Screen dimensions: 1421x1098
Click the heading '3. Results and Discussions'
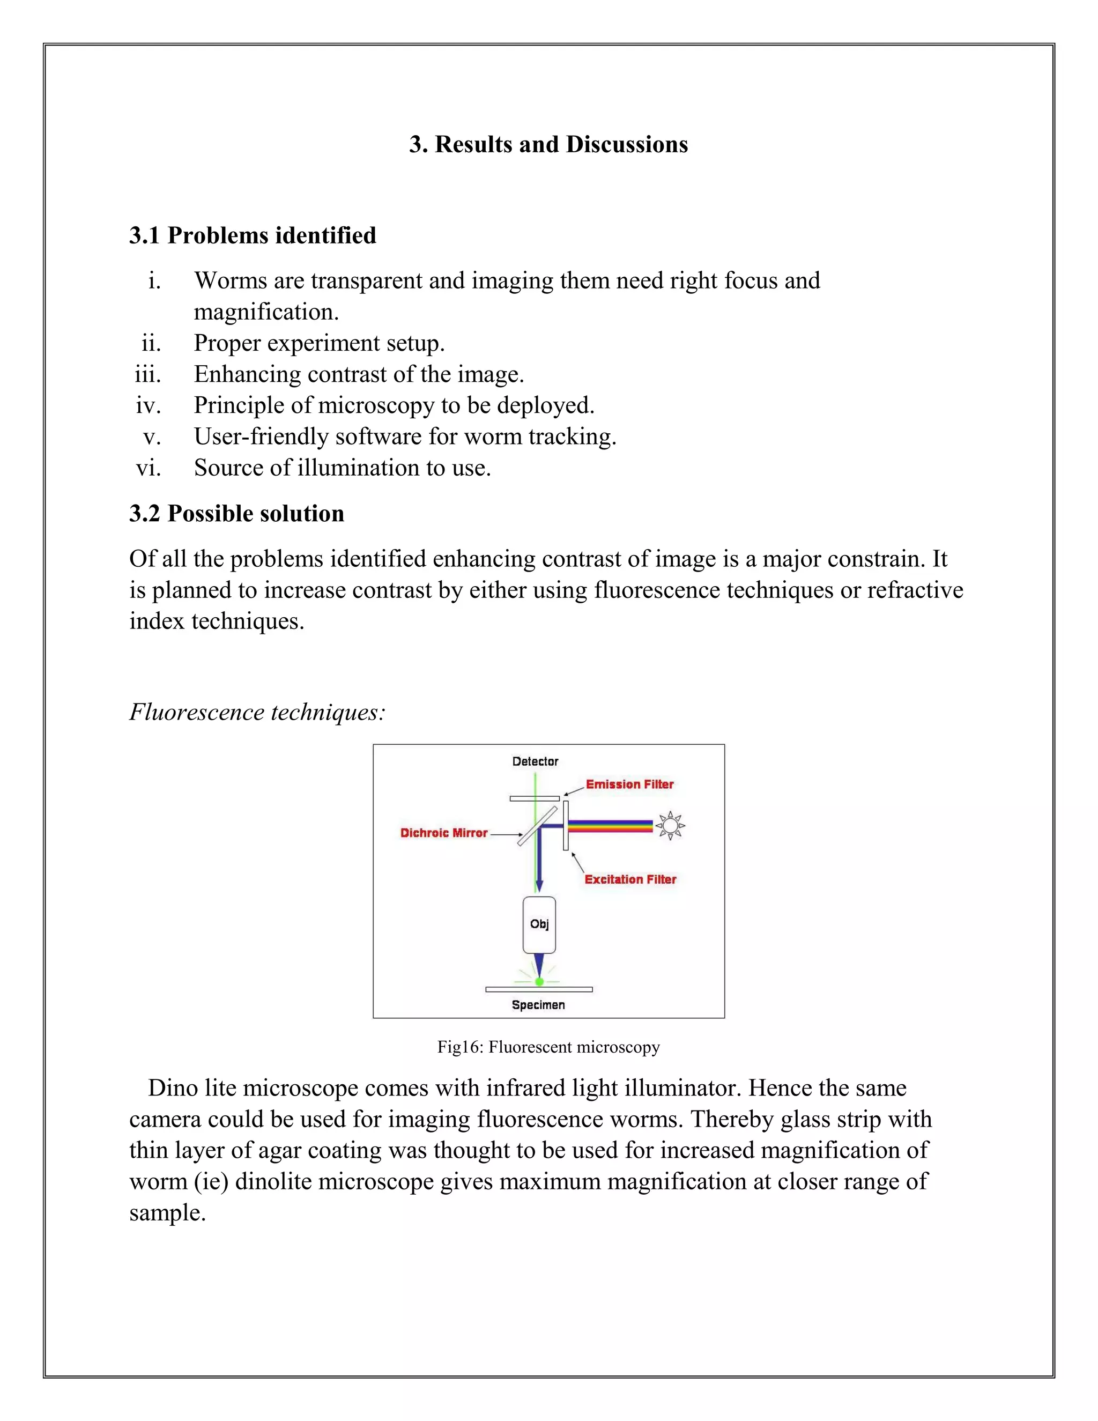click(x=548, y=144)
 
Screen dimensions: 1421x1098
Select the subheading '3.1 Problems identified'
click(x=253, y=235)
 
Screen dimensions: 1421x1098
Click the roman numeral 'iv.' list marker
click(x=149, y=405)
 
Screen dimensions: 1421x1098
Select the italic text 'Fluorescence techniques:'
click(x=257, y=712)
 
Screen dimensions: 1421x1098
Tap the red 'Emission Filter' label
click(x=629, y=784)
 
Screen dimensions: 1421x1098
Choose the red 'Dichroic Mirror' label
click(x=443, y=833)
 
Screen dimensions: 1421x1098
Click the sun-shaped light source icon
click(x=670, y=826)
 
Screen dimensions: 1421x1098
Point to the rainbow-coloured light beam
click(x=610, y=826)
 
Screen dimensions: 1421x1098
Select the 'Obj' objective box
click(x=539, y=924)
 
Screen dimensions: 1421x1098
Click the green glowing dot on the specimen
click(x=539, y=982)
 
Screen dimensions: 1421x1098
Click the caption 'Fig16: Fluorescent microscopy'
click(x=548, y=1047)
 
